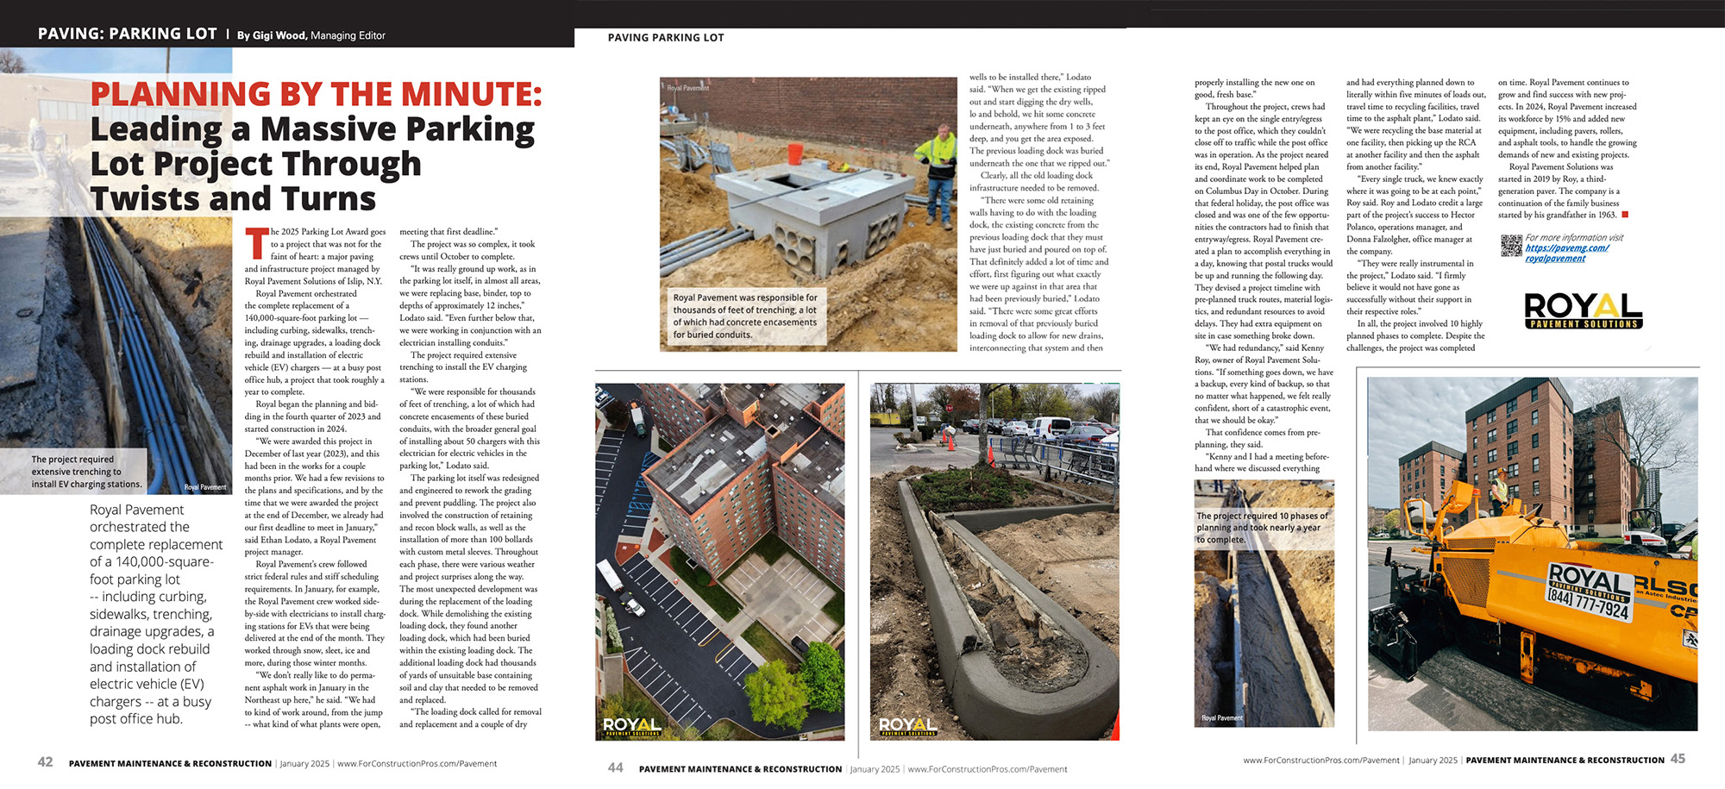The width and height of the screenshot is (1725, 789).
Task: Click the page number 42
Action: pos(45,762)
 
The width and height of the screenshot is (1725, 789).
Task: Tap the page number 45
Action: pos(1678,759)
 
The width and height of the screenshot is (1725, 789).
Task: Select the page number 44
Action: pos(615,767)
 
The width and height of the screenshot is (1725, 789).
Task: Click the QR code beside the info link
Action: pos(1511,246)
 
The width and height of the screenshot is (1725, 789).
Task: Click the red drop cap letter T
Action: pos(256,243)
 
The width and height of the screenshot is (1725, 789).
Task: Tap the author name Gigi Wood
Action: pos(279,35)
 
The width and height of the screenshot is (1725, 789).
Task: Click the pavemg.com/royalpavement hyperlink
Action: pos(1566,253)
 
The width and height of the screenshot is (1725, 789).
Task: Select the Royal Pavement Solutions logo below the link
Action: pos(1583,310)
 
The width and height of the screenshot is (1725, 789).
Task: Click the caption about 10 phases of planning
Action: pos(1262,528)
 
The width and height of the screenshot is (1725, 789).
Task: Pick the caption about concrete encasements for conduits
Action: pos(744,316)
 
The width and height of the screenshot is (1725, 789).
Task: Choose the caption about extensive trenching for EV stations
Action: pos(86,472)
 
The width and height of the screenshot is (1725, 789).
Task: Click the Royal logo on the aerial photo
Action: pos(632,726)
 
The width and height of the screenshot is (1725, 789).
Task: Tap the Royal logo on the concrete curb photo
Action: pos(907,726)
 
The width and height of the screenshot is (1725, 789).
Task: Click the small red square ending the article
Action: pos(1625,215)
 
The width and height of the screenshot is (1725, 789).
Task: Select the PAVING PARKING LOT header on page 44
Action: pos(666,38)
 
